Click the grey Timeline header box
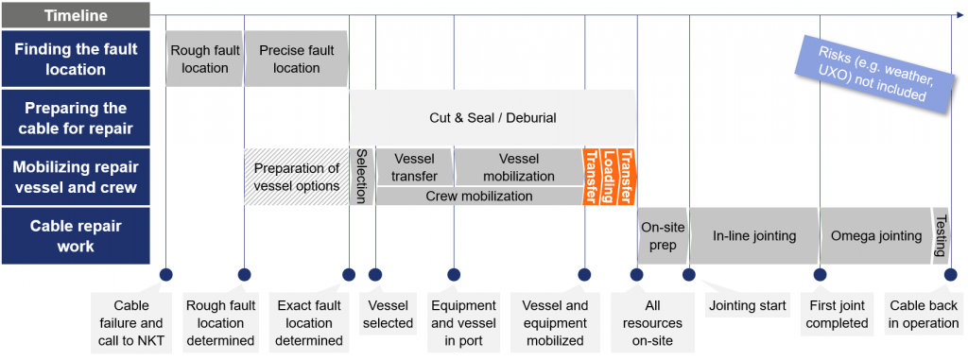coord(75,15)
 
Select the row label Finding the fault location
coord(75,59)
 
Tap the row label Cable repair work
coord(75,235)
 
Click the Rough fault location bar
coord(204,59)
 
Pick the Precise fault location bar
coord(296,59)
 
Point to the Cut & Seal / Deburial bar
coord(492,118)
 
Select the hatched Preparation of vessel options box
coord(296,177)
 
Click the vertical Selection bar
coord(361,177)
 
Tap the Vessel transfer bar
coord(414,167)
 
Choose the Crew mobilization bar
coord(478,197)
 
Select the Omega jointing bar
coord(874,235)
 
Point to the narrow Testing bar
coord(941,235)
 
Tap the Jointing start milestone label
coord(746,305)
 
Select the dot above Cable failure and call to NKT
coord(165,275)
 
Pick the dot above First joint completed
coord(819,275)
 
